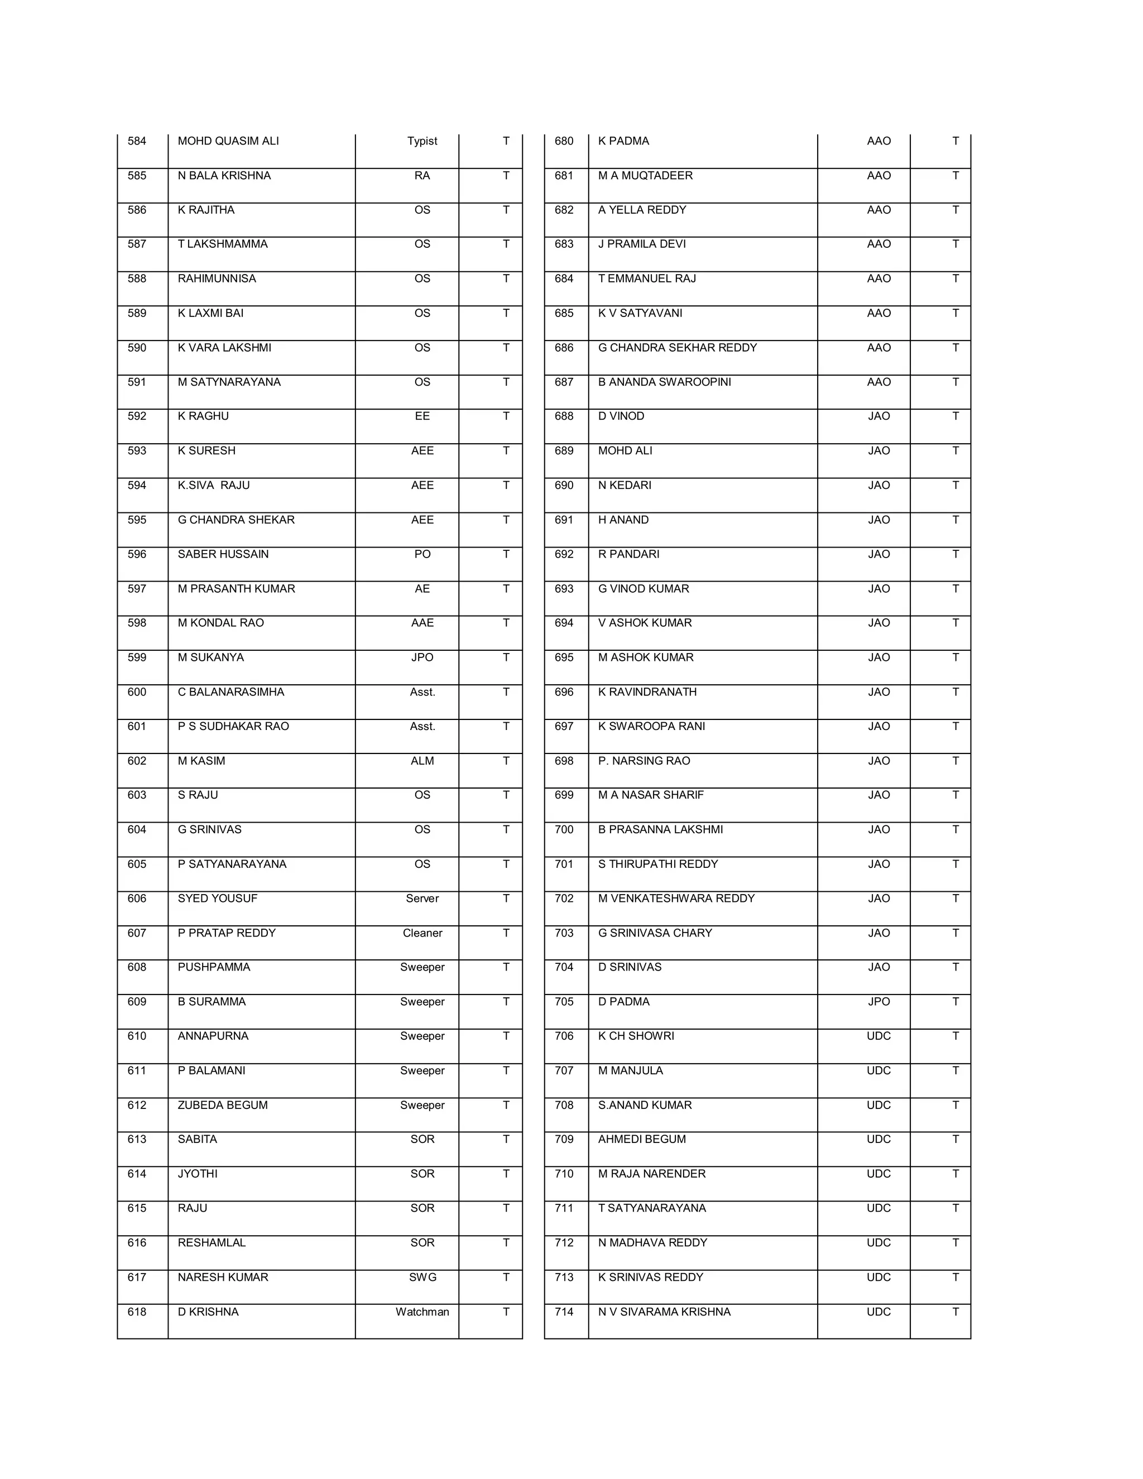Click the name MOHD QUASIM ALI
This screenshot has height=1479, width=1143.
(228, 141)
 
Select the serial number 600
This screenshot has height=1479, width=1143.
(137, 692)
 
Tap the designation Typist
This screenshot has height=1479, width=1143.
(422, 141)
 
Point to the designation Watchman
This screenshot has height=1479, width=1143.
(422, 1312)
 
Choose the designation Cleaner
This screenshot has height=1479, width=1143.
(422, 933)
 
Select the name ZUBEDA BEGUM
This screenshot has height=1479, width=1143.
(223, 1105)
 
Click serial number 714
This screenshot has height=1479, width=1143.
(564, 1312)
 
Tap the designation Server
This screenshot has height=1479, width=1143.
(422, 898)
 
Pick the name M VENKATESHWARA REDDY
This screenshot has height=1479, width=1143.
(676, 898)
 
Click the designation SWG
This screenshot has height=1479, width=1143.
(422, 1277)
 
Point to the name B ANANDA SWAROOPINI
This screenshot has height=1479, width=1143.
(664, 382)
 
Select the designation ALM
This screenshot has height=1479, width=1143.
(422, 761)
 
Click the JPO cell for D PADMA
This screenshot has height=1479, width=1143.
(878, 1002)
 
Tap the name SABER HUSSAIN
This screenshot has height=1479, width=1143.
(223, 554)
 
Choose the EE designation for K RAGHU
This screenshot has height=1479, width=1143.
(422, 416)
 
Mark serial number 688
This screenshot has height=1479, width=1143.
(564, 416)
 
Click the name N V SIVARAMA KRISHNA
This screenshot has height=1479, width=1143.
(664, 1312)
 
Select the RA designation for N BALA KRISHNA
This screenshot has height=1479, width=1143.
(422, 175)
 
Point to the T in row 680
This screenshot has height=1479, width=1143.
(955, 141)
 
